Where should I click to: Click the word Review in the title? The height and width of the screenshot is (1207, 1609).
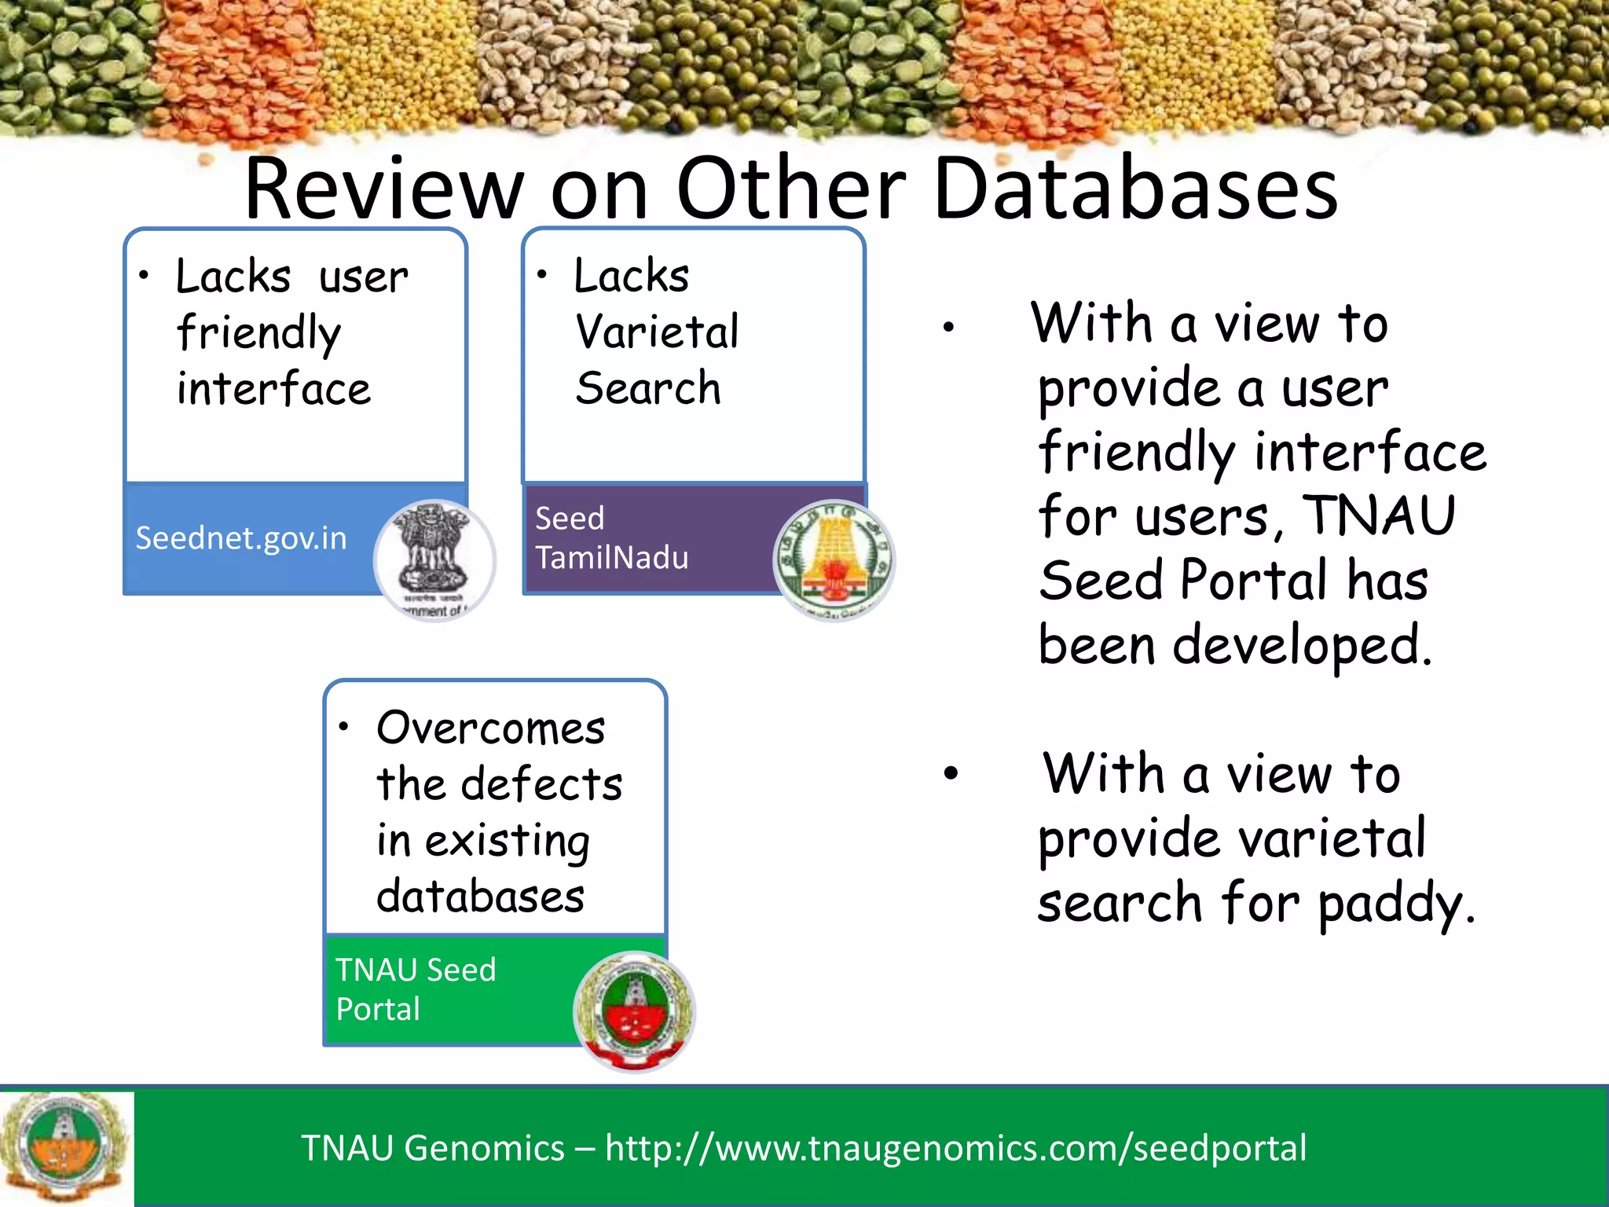(x=383, y=189)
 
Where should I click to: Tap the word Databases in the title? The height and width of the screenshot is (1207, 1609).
(x=1136, y=189)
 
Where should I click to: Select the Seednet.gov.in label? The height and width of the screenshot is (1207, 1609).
(x=241, y=538)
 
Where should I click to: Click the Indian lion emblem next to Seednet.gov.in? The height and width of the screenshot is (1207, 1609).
(x=434, y=560)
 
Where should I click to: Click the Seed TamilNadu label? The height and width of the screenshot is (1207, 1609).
(x=611, y=538)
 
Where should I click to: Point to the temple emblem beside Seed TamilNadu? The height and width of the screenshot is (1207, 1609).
(x=834, y=560)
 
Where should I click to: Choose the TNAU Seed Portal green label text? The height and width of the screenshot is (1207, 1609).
(x=416, y=989)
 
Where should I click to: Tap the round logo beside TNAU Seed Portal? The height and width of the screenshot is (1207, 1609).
(x=634, y=1011)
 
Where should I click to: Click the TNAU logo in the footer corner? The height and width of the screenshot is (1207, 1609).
(x=66, y=1147)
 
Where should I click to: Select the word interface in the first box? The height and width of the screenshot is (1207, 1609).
(x=273, y=389)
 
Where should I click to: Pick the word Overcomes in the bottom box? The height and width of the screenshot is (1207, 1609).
(x=491, y=728)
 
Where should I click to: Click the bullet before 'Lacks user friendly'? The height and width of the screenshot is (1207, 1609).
(x=144, y=275)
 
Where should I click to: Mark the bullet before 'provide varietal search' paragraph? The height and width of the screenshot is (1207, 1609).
(x=951, y=773)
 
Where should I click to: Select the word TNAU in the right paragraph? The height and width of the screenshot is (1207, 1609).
(x=1380, y=516)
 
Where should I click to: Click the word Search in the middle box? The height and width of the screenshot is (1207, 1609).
(x=648, y=388)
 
